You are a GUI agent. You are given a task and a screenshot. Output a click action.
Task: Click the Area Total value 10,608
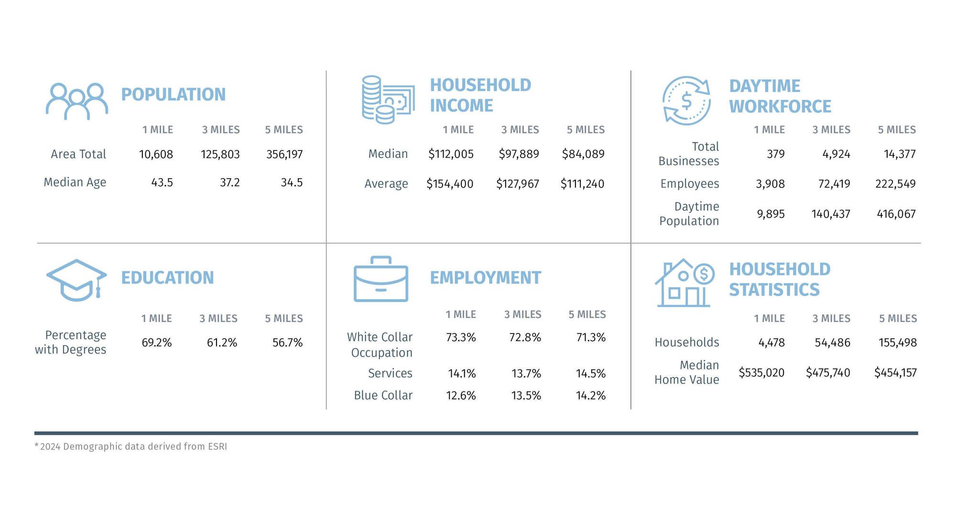click(x=156, y=154)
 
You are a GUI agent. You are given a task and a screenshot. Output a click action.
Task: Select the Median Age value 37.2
click(x=229, y=183)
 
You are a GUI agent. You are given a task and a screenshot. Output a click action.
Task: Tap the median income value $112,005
click(x=451, y=154)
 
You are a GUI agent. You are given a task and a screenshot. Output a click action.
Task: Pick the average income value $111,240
click(x=582, y=184)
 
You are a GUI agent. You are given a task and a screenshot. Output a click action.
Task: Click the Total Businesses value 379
click(x=775, y=154)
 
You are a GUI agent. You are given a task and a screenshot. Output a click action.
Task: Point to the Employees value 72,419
click(x=834, y=184)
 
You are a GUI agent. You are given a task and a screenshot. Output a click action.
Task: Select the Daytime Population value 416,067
click(x=896, y=214)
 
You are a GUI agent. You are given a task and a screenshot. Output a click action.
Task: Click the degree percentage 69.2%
click(x=156, y=343)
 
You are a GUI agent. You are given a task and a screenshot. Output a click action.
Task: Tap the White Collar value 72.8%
click(x=525, y=337)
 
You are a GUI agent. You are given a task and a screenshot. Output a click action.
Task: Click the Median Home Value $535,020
click(x=761, y=373)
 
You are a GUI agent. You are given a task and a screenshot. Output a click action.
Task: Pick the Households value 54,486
click(x=832, y=343)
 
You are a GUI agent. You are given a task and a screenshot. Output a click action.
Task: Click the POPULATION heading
click(x=173, y=95)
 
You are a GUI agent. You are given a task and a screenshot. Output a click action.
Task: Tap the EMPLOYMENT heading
click(x=485, y=278)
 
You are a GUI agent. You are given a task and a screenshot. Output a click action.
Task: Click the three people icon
click(x=76, y=101)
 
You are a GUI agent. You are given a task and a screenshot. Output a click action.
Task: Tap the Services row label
click(x=390, y=373)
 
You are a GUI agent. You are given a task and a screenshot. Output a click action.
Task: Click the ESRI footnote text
click(x=131, y=446)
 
